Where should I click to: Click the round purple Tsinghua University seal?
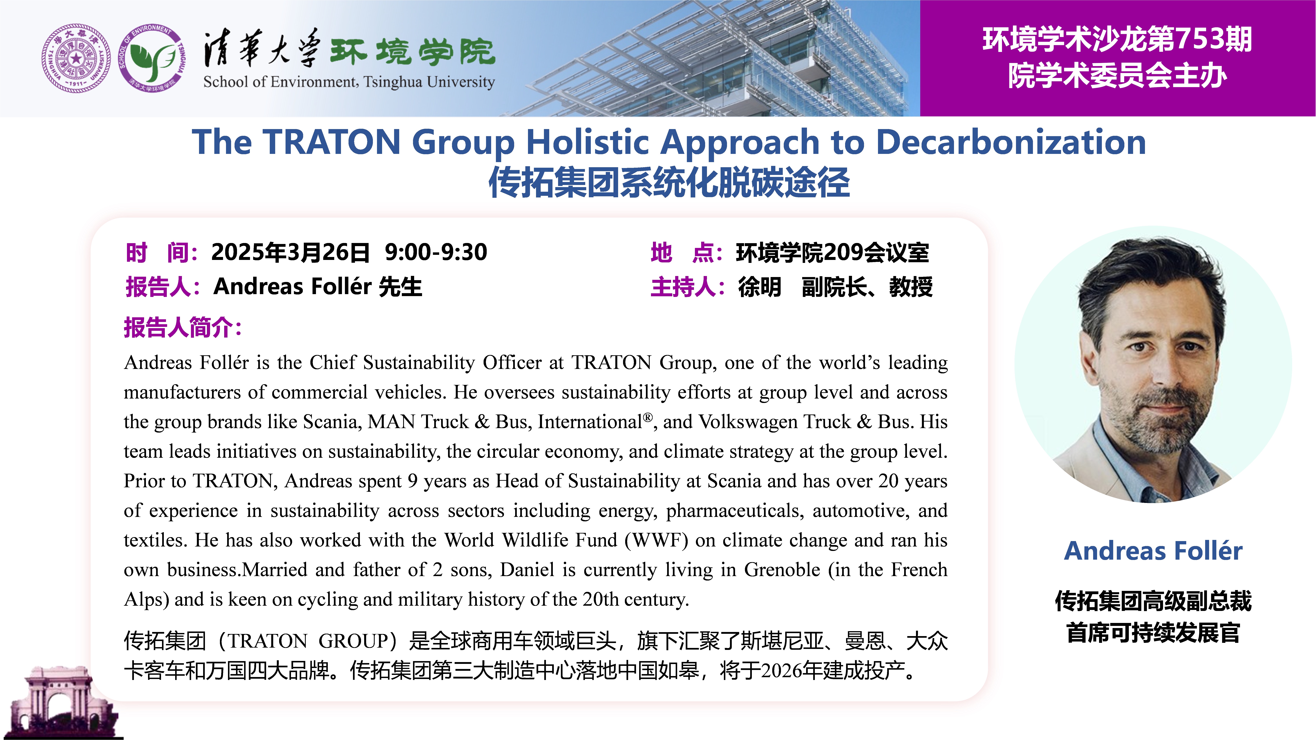[x=76, y=58]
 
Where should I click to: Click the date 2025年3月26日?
[x=290, y=252]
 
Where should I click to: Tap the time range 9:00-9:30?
[x=436, y=252]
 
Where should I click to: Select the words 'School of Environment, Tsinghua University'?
[x=349, y=82]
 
